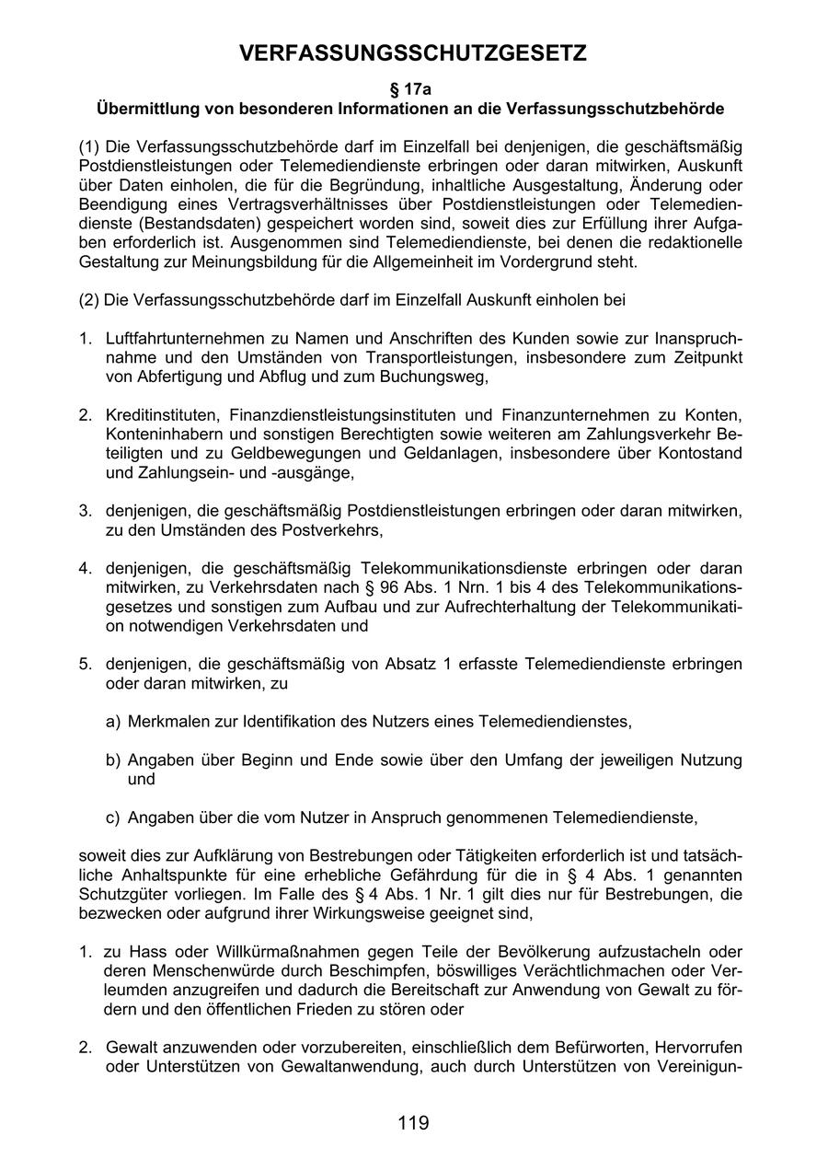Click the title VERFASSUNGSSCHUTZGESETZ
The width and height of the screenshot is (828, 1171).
[413, 55]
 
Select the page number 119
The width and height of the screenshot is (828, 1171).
[413, 1122]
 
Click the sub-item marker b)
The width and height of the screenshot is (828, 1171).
[113, 759]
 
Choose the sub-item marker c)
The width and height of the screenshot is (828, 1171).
[113, 817]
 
